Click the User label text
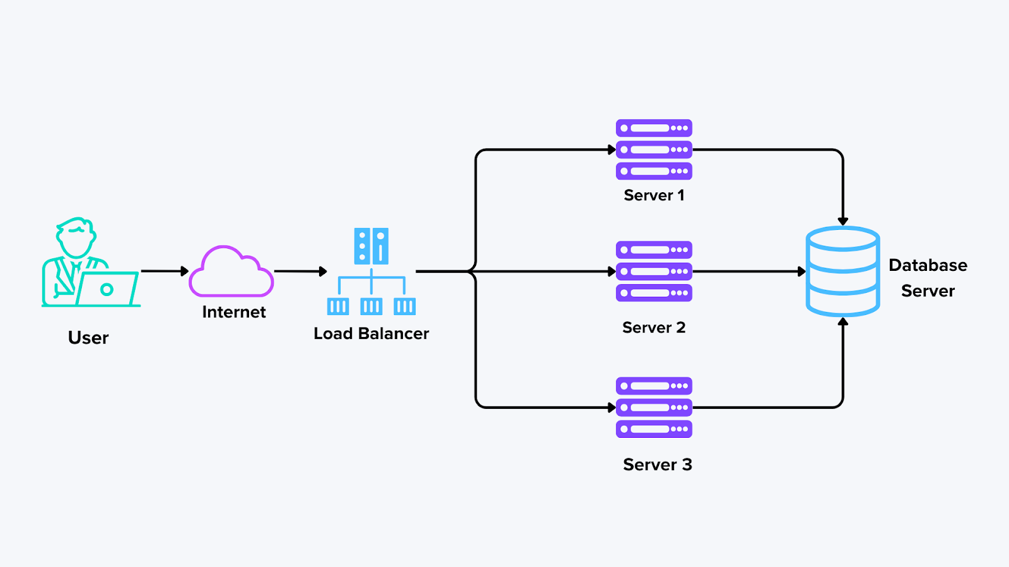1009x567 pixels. click(88, 338)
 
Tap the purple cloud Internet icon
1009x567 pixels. click(231, 273)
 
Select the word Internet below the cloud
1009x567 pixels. click(234, 312)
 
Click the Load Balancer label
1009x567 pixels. click(371, 333)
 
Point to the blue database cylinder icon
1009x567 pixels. click(843, 272)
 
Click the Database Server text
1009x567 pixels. click(928, 278)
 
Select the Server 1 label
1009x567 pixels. click(654, 195)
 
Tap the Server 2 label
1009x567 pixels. click(654, 328)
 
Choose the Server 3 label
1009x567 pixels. click(657, 464)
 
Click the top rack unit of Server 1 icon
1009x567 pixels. click(654, 128)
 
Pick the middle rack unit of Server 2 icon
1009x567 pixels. click(654, 272)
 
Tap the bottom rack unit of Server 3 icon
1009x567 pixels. click(654, 429)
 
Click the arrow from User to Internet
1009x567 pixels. click(164, 271)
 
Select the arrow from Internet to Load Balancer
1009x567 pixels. click(300, 272)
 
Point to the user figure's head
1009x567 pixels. click(76, 236)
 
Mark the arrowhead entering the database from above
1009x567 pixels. click(843, 221)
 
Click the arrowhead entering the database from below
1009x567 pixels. click(843, 322)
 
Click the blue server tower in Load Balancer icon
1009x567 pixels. click(371, 246)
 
